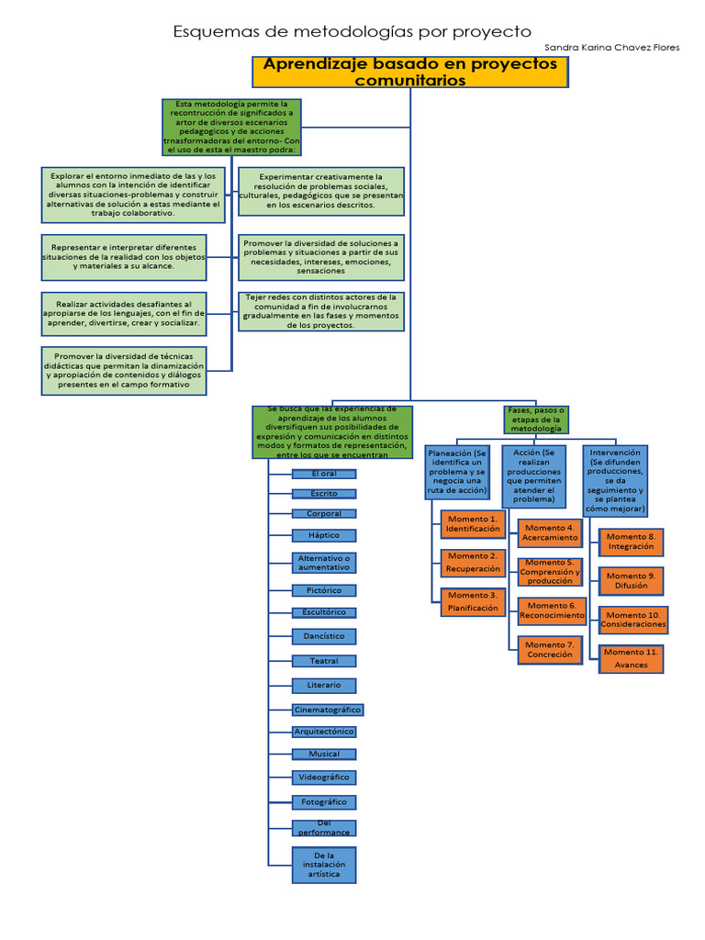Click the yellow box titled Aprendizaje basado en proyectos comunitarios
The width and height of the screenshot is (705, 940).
pyautogui.click(x=410, y=72)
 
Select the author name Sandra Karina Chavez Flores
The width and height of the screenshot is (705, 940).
pyautogui.click(x=611, y=48)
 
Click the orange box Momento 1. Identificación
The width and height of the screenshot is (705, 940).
pyautogui.click(x=473, y=524)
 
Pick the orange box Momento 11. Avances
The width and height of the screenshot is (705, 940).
pyautogui.click(x=631, y=659)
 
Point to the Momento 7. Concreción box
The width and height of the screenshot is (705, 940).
pyautogui.click(x=550, y=649)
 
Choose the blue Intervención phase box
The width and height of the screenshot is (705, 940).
pyautogui.click(x=615, y=480)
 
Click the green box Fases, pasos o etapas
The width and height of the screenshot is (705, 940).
pyautogui.click(x=537, y=420)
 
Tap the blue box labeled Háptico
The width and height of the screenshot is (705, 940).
pyautogui.click(x=324, y=535)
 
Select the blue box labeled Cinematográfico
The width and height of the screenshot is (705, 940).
pyautogui.click(x=328, y=710)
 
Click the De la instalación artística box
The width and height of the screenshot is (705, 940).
pyautogui.click(x=324, y=865)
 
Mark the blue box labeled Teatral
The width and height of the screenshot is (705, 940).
pyautogui.click(x=324, y=661)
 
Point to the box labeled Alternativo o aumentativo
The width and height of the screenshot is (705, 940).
pyautogui.click(x=324, y=563)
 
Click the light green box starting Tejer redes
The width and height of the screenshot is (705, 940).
pyautogui.click(x=320, y=311)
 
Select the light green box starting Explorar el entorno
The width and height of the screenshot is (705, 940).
pyautogui.click(x=133, y=194)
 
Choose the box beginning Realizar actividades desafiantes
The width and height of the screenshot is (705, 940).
pyautogui.click(x=124, y=315)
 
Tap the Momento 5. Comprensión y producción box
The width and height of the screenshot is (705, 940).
pyautogui.click(x=550, y=572)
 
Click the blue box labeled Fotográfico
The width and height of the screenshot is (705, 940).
pyautogui.click(x=324, y=802)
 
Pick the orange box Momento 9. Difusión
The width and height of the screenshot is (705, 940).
pyautogui.click(x=631, y=580)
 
